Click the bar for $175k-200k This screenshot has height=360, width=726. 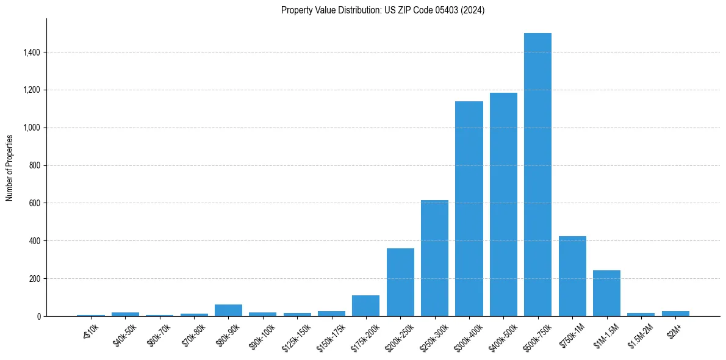(x=365, y=306)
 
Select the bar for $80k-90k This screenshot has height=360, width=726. (x=228, y=310)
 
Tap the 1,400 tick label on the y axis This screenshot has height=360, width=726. (x=32, y=52)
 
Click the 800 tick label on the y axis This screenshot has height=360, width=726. (x=35, y=165)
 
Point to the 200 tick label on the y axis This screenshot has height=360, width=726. (x=35, y=278)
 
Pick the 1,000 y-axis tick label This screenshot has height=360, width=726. (x=32, y=128)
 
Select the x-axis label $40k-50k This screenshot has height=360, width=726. (x=124, y=334)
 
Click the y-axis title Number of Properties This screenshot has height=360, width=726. (x=10, y=167)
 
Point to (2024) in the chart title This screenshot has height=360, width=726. (x=473, y=10)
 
